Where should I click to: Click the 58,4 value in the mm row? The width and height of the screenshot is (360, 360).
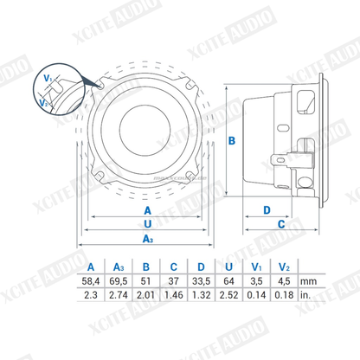point(91,281)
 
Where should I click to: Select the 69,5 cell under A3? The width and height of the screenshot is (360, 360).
point(119,281)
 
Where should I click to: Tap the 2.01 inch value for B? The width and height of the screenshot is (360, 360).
point(145,295)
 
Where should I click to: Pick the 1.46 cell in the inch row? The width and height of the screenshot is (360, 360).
point(174,295)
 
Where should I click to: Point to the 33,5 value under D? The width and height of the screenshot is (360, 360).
point(201,281)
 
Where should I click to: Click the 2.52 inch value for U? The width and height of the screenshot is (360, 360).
point(228,295)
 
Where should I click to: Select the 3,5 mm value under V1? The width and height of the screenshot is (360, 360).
point(256,281)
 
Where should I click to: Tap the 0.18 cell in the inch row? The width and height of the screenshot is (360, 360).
point(284,295)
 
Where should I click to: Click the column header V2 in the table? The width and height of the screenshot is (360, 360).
point(284,267)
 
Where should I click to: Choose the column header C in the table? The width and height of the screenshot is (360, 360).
point(174,267)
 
